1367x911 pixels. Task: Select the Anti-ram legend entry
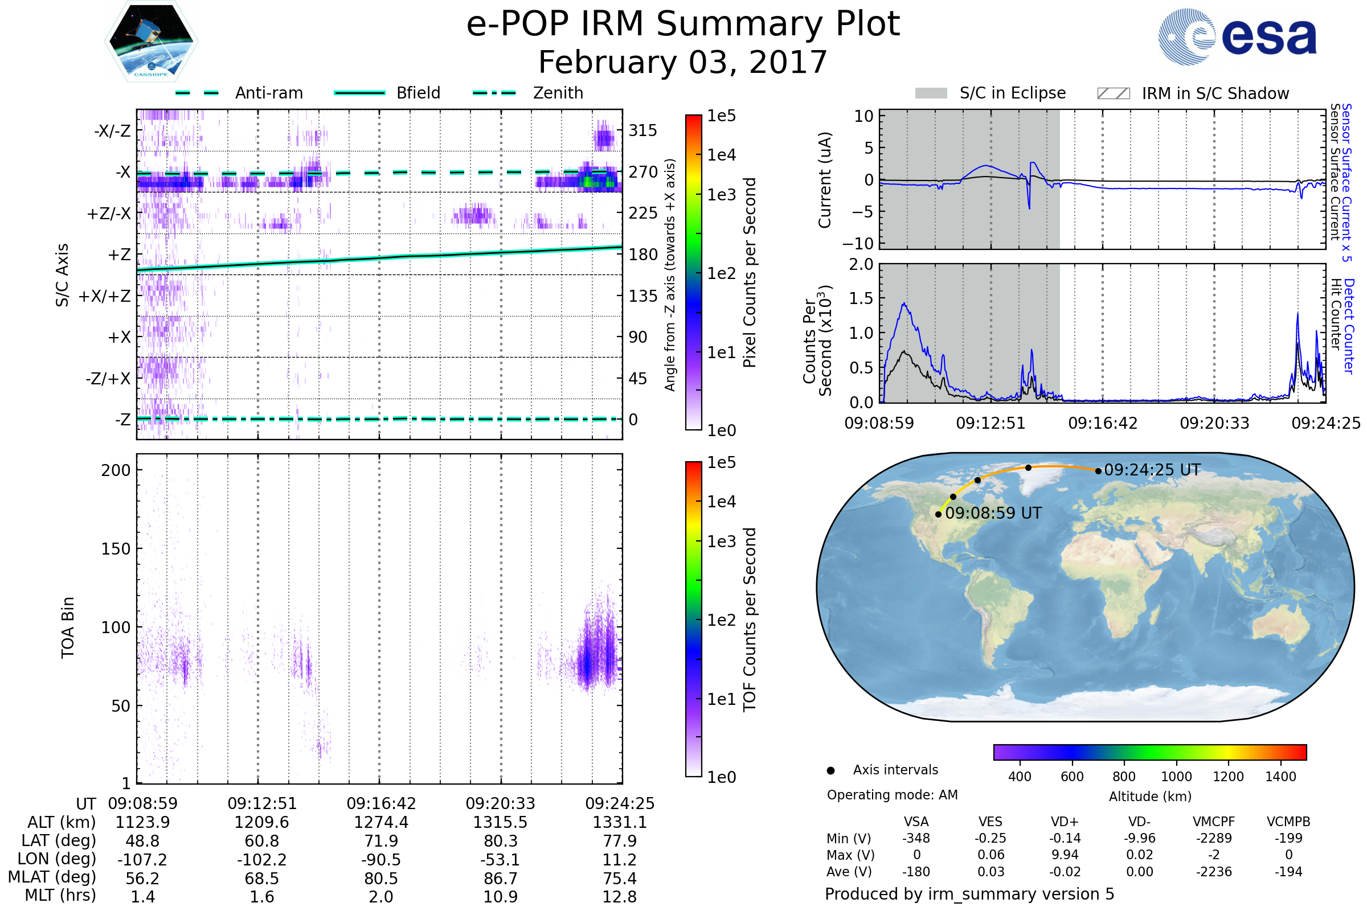(268, 93)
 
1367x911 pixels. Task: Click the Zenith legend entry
(558, 93)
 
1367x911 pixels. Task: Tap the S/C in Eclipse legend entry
(1012, 93)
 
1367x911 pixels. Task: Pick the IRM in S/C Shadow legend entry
(1215, 93)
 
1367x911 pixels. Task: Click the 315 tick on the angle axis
(642, 131)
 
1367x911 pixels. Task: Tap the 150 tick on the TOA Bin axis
(116, 549)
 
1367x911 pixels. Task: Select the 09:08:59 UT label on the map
(993, 514)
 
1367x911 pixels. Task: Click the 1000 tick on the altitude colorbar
(1176, 777)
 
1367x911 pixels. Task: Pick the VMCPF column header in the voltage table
(1214, 822)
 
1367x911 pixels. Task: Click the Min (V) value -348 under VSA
(916, 838)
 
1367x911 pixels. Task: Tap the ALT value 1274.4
(381, 823)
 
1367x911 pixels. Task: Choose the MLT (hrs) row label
(60, 895)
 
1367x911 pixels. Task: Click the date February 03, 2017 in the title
(683, 62)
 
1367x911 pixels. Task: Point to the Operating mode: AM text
(892, 795)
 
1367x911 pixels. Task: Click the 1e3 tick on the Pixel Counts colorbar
(721, 195)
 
